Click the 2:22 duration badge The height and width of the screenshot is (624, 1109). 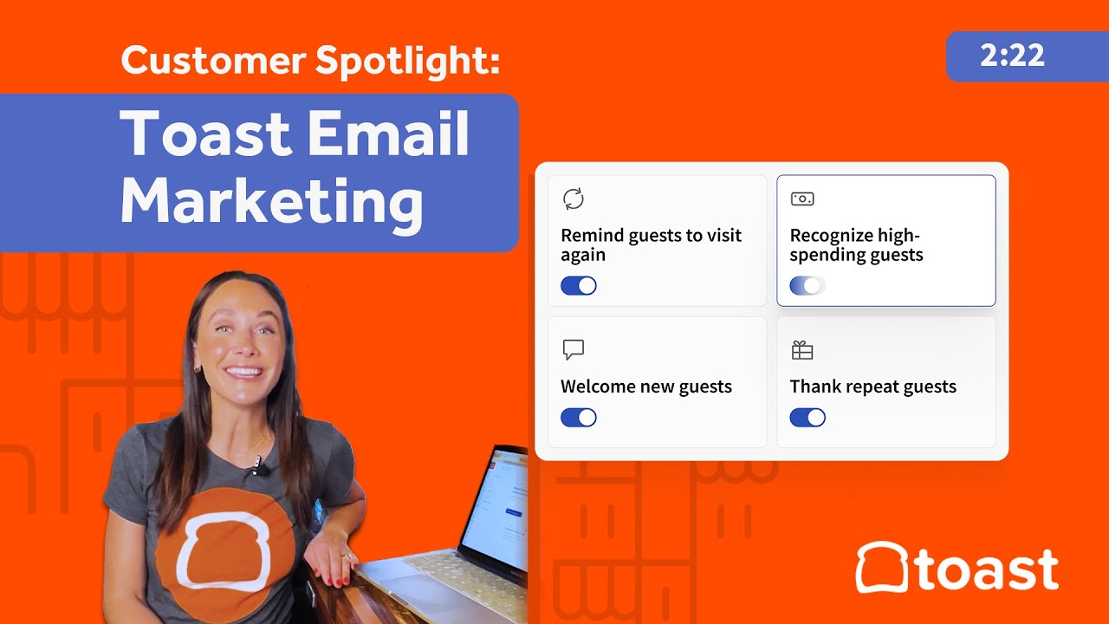point(1012,56)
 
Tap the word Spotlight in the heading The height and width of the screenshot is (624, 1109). point(407,62)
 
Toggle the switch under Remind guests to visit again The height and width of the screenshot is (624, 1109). point(579,286)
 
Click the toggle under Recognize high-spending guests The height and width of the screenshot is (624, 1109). point(807,286)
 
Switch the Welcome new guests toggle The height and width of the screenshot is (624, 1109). point(579,418)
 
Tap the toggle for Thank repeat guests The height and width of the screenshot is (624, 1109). point(807,418)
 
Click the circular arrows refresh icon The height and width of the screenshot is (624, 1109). point(573,198)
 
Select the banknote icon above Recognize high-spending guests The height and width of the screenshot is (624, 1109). point(802,198)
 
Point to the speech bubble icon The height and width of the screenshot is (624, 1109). point(573,349)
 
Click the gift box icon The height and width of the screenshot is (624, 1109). point(802,350)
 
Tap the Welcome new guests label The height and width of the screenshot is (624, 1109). point(646,387)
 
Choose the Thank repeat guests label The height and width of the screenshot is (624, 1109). point(873,387)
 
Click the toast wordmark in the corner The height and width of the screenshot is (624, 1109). point(984,570)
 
